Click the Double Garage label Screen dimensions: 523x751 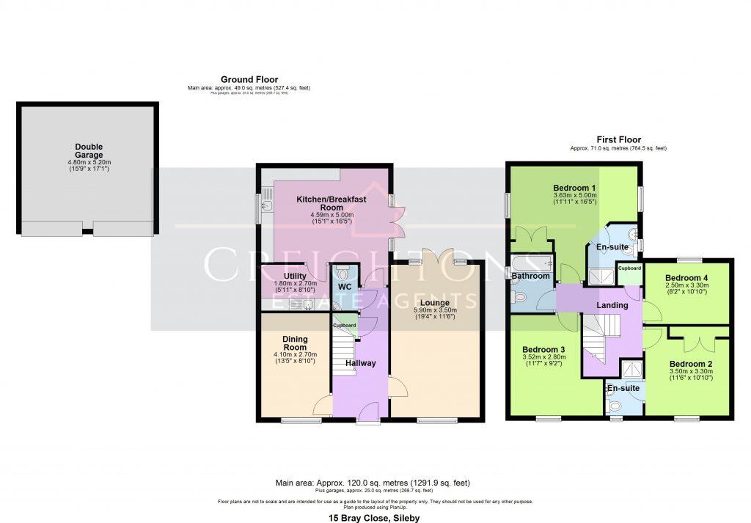click(88, 151)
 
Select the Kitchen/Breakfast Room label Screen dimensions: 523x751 click(331, 203)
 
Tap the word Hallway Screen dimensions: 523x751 click(361, 363)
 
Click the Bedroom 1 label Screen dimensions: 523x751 click(574, 188)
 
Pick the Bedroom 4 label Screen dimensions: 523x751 click(686, 278)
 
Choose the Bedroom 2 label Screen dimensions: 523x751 click(691, 364)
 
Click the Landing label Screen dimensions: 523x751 click(612, 305)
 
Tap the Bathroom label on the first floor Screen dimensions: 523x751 click(530, 276)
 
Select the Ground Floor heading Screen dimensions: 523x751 click(249, 79)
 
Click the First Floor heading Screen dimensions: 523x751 click(618, 139)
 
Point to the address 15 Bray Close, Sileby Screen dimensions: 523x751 click(374, 518)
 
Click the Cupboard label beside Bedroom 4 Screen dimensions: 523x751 click(629, 268)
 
